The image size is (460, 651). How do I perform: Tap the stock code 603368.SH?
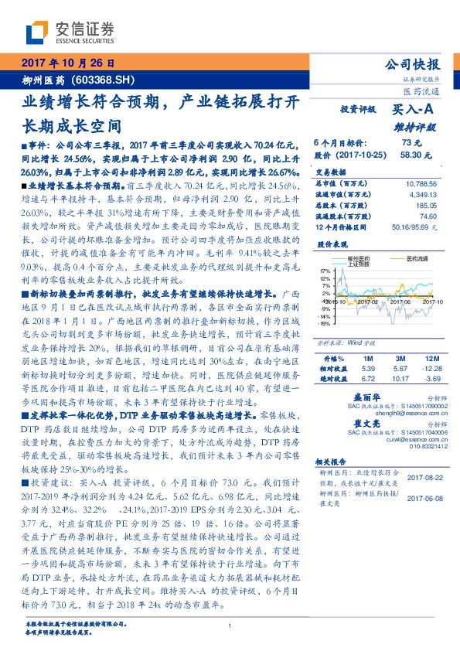[x=97, y=80]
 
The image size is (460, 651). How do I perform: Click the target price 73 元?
[x=410, y=143]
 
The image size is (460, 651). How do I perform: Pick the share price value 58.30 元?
[x=411, y=155]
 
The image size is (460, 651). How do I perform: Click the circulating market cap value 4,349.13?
[x=423, y=195]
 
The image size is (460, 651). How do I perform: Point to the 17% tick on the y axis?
[x=324, y=270]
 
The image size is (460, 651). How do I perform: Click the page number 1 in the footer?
[x=230, y=626]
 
